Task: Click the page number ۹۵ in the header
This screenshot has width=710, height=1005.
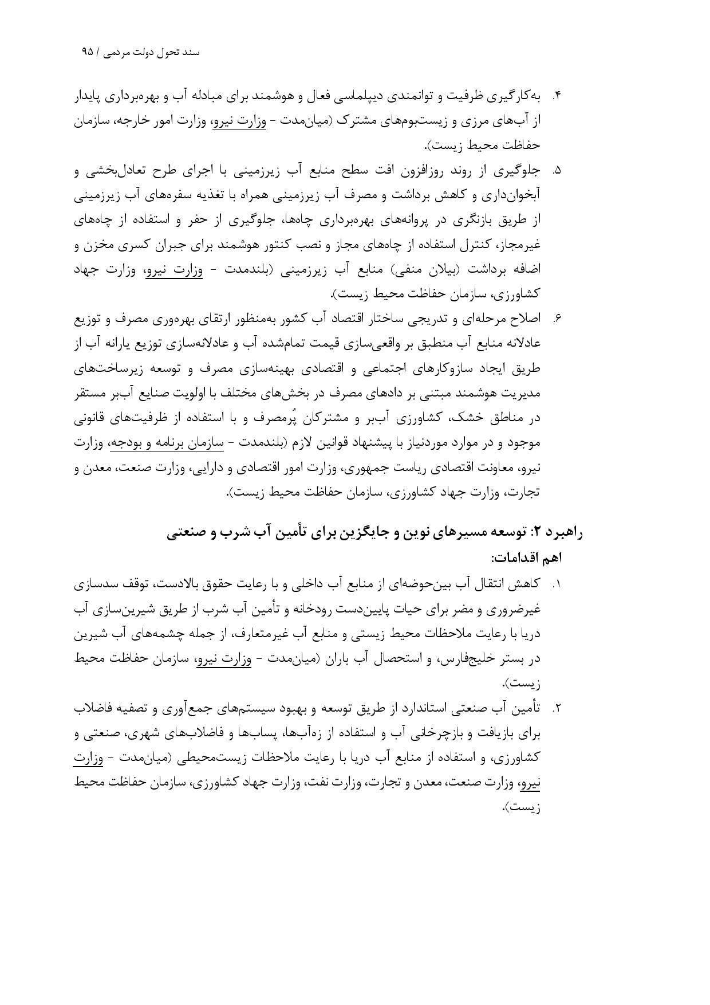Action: pos(87,52)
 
